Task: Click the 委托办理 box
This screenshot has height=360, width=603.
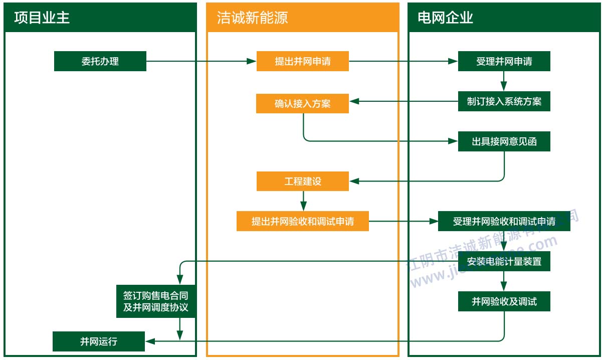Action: [100, 61]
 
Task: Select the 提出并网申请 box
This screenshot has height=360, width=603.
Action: [302, 61]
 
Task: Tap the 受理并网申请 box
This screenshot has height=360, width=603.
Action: [504, 61]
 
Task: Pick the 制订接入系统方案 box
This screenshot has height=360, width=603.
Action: [504, 101]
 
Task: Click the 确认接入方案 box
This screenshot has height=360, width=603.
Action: [302, 103]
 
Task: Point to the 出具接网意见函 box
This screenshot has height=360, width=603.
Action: [504, 141]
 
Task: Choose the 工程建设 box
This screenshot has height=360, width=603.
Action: [302, 181]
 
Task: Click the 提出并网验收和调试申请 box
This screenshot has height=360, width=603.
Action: [302, 221]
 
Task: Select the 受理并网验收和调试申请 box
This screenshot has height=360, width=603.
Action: [504, 221]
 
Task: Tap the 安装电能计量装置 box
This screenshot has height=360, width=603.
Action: [504, 261]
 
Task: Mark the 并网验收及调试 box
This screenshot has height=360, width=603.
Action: [504, 301]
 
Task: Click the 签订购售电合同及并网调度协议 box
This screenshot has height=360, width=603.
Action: [156, 301]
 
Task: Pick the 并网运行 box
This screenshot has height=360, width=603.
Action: [99, 341]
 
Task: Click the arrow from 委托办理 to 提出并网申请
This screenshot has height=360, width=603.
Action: [200, 61]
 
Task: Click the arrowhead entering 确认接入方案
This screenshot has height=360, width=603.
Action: [354, 101]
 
